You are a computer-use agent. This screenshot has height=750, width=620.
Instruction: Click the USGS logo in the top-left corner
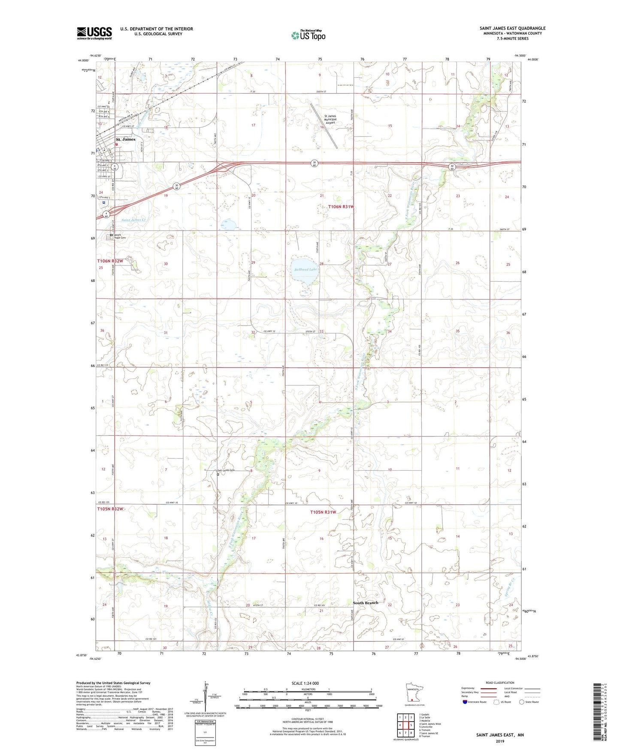tap(94, 33)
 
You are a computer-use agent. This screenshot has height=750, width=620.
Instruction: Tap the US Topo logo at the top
tap(308, 35)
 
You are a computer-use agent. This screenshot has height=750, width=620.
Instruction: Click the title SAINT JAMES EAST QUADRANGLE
tap(512, 28)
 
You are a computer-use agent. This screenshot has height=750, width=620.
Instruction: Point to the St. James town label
tap(126, 139)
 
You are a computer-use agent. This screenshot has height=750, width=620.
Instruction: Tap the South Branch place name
tap(365, 603)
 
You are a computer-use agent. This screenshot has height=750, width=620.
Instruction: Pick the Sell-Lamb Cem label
tap(226, 470)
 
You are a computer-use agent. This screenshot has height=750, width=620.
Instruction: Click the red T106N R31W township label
tap(341, 207)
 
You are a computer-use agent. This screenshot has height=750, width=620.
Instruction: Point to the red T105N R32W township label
tap(110, 509)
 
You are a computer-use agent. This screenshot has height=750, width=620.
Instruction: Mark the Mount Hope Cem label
tap(120, 236)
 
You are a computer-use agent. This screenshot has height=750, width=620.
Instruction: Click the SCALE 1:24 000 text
tap(305, 683)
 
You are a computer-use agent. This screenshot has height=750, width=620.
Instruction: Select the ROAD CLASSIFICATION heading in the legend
tap(500, 683)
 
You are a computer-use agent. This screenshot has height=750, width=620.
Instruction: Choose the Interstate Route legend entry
tap(475, 702)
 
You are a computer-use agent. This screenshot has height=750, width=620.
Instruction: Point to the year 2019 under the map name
tap(500, 741)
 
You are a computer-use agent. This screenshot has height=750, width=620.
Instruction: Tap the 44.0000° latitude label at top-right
tap(532, 60)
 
